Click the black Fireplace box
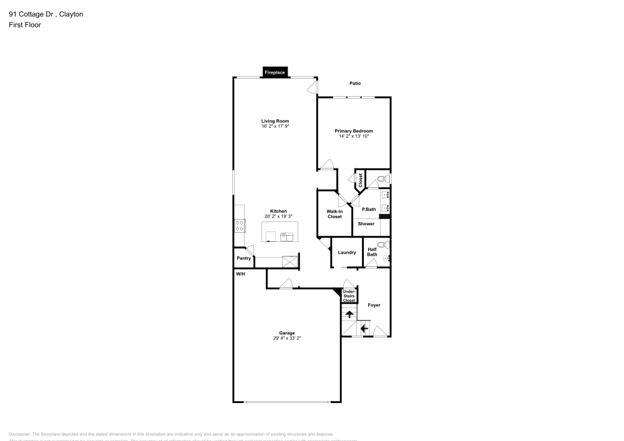[x=275, y=72]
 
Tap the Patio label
[x=354, y=83]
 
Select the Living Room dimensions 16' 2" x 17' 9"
[x=275, y=127]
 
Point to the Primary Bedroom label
[x=353, y=130]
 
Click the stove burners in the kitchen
[x=238, y=226]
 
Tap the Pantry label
[x=243, y=258]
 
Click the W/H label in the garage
[x=240, y=274]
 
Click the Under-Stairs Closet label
[x=349, y=296]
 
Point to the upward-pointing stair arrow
[x=349, y=315]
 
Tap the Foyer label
[x=374, y=305]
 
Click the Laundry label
[x=347, y=253]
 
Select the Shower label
[x=366, y=223]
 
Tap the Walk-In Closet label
[x=334, y=214]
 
